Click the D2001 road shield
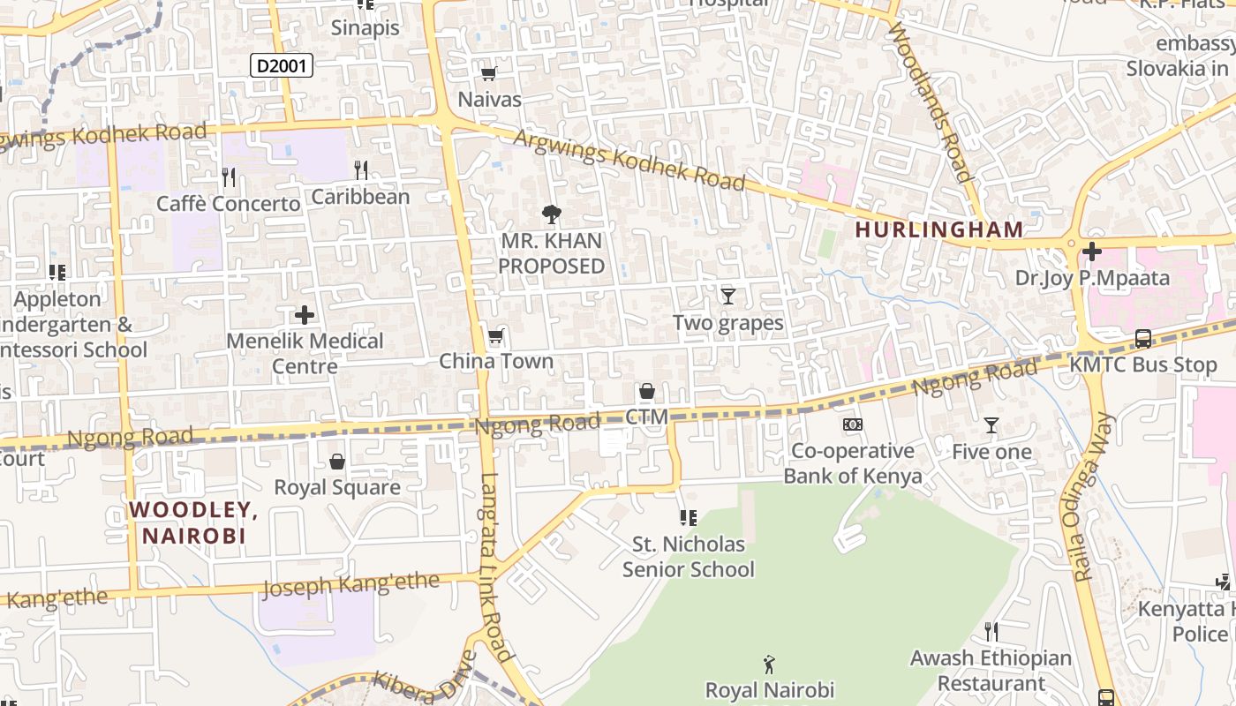click(x=282, y=65)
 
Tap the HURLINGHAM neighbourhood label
click(x=939, y=229)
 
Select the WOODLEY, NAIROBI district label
click(x=193, y=522)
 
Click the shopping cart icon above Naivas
click(x=488, y=73)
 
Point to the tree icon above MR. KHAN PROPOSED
click(x=552, y=214)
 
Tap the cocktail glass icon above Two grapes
click(x=728, y=296)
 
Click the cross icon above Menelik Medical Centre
click(x=305, y=315)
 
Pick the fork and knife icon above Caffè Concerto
click(x=229, y=177)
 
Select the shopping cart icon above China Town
click(x=496, y=335)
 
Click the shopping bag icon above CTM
click(x=647, y=391)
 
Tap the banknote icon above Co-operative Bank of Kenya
click(x=853, y=424)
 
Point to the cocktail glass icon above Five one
click(x=991, y=425)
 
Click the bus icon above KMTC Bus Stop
click(x=1143, y=339)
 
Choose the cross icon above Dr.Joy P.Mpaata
click(x=1092, y=252)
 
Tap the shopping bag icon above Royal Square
click(x=337, y=462)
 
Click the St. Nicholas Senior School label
click(x=688, y=557)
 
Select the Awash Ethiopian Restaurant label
click(x=991, y=671)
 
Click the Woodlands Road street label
click(x=932, y=101)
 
